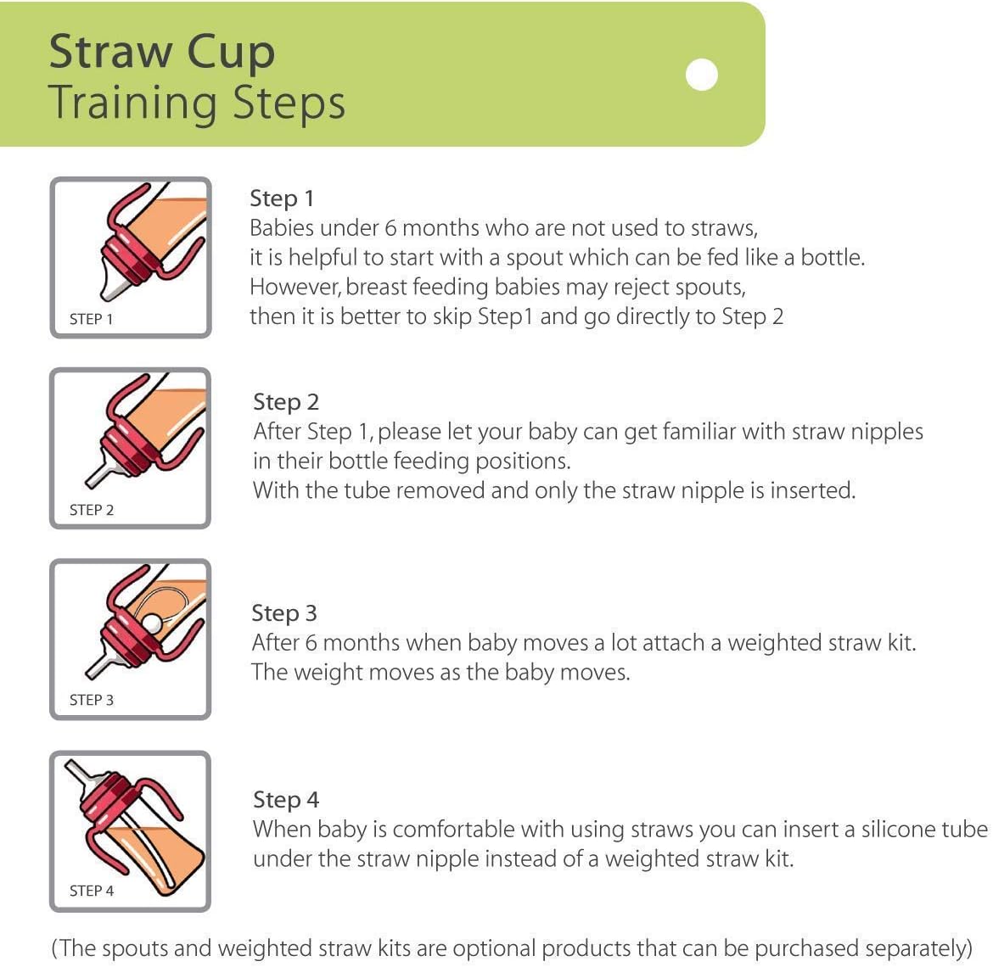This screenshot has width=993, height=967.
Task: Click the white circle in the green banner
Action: coord(701,75)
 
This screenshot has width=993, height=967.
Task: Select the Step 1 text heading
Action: coord(282,198)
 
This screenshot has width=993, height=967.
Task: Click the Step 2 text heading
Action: coord(286,402)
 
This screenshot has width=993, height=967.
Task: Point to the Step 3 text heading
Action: coord(284,613)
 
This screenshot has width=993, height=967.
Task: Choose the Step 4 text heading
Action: coord(286,800)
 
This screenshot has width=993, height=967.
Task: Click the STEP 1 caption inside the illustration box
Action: coord(91,319)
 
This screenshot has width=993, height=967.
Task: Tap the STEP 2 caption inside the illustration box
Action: coord(91,510)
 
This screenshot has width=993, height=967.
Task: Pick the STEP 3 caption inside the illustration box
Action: coord(91,700)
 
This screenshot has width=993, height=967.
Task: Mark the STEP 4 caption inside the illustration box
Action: coord(91,891)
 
